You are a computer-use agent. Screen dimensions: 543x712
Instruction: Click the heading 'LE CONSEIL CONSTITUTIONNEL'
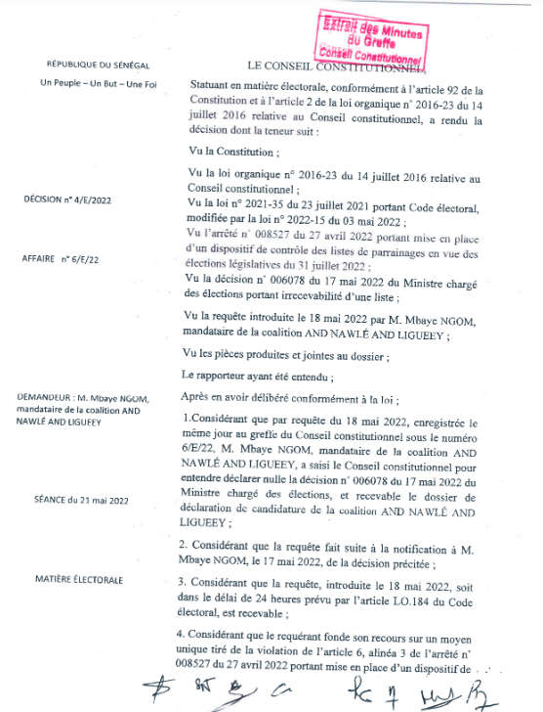(x=337, y=66)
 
